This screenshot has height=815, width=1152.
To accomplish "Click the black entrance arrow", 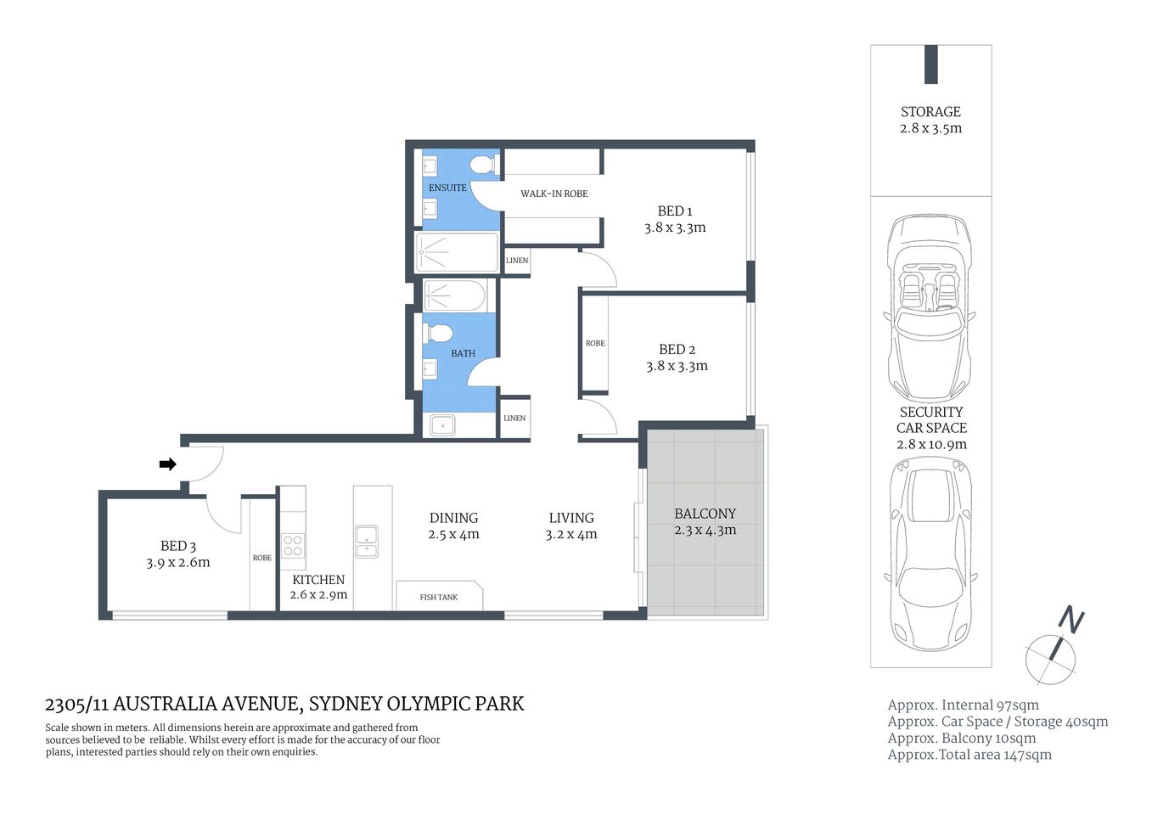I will click(x=168, y=464).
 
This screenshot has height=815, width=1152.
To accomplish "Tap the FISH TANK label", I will click(x=438, y=597).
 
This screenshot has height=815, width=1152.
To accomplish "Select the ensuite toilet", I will click(x=485, y=166).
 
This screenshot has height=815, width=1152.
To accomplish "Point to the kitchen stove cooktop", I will click(x=293, y=546).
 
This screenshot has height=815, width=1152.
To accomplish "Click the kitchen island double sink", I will click(x=367, y=542).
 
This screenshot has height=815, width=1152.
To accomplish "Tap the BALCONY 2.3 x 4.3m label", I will click(x=705, y=521).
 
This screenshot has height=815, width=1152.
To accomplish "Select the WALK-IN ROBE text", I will click(x=554, y=194).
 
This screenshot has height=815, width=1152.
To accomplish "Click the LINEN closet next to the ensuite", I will click(x=517, y=261).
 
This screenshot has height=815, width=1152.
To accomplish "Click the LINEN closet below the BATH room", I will click(x=514, y=418).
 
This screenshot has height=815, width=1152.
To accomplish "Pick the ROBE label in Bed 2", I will click(x=595, y=343).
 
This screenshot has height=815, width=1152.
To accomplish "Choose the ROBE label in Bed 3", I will click(x=262, y=558).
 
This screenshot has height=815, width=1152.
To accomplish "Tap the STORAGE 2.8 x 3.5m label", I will click(x=930, y=120).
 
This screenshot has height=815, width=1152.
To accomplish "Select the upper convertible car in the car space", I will click(x=930, y=307).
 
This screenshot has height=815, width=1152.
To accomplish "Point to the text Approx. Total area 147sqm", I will click(x=969, y=755).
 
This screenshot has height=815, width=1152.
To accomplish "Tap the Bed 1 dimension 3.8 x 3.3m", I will click(x=675, y=228).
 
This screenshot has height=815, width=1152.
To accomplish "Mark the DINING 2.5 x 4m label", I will click(x=453, y=526).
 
